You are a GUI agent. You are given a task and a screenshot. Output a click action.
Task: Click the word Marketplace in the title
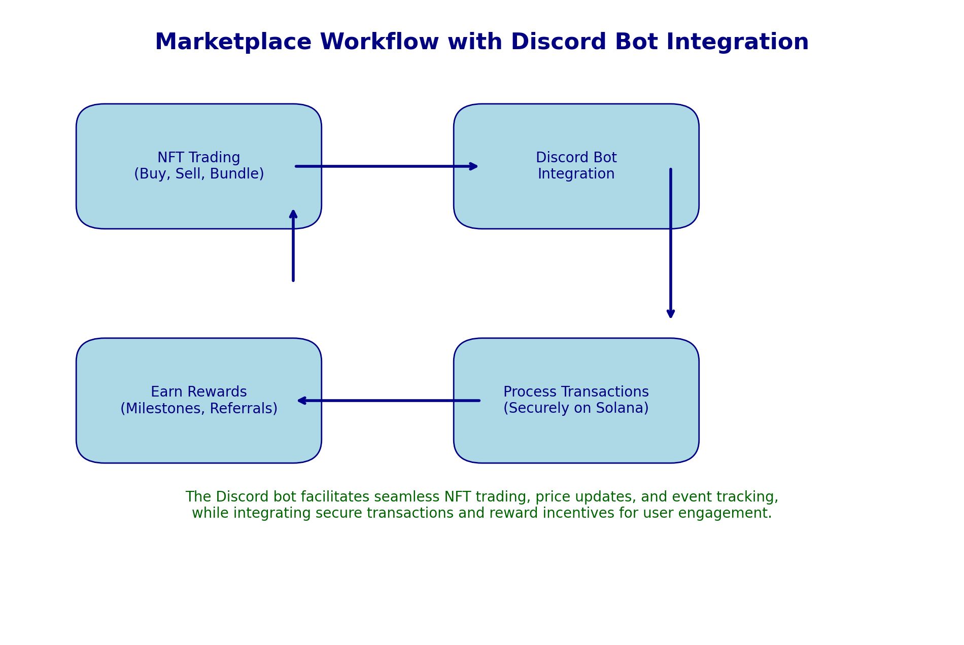click(x=233, y=43)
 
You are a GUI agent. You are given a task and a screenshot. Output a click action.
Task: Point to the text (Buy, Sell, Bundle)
click(x=199, y=174)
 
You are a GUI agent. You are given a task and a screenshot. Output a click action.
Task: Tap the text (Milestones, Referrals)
click(x=199, y=409)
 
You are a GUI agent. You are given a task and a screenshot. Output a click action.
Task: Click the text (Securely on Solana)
click(x=576, y=409)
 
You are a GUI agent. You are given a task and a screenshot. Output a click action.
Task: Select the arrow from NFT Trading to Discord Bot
click(x=386, y=166)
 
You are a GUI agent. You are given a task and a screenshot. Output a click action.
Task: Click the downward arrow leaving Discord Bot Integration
click(x=671, y=243)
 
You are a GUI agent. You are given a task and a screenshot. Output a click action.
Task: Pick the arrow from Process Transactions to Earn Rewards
click(x=388, y=401)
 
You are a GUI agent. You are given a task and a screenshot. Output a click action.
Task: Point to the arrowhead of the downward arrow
click(x=671, y=314)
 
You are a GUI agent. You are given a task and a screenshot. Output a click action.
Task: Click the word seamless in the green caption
click(x=407, y=497)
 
